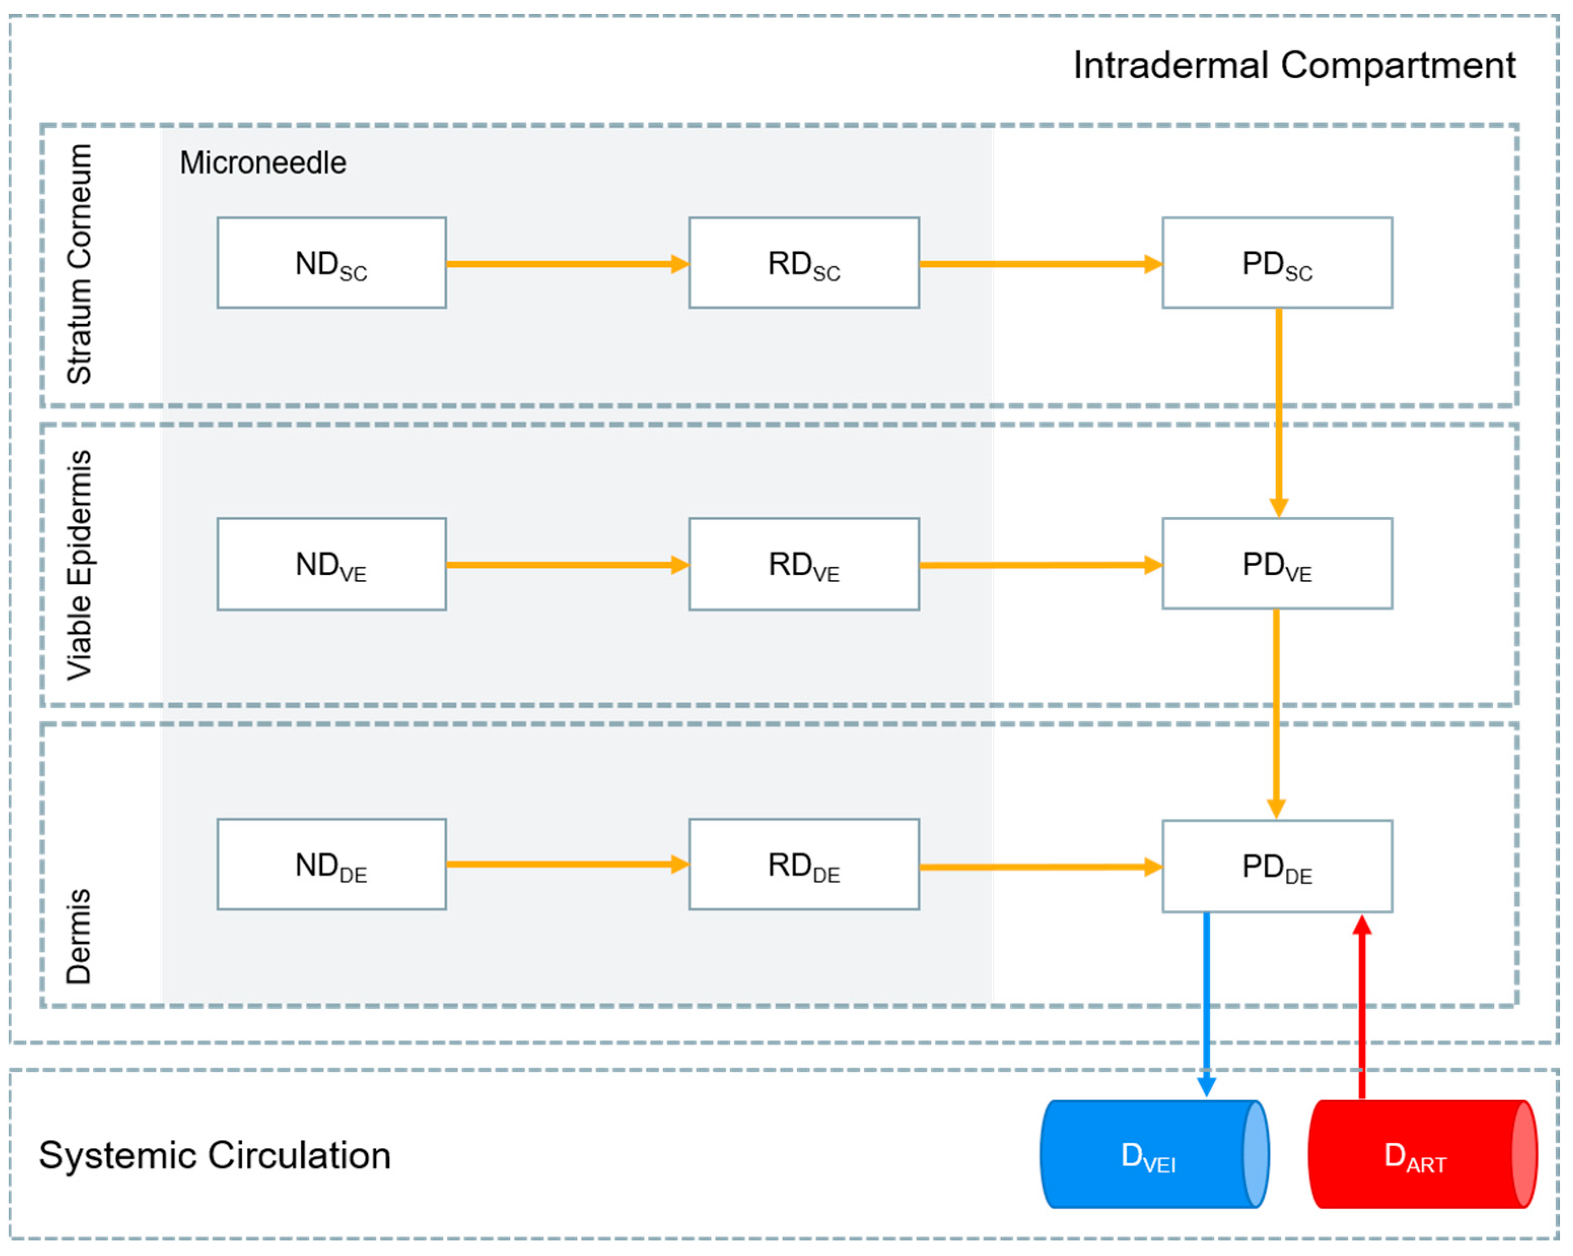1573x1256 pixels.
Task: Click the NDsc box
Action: coord(331,263)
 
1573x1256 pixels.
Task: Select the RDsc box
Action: coord(804,263)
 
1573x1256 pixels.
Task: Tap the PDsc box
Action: coord(1277,263)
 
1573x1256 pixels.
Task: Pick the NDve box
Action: coord(331,564)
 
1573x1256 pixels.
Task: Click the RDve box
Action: coord(804,564)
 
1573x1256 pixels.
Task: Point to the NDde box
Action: coord(331,864)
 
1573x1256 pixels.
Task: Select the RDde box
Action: coord(804,864)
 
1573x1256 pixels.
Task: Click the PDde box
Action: coord(1277,866)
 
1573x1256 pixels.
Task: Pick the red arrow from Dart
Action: coord(1361,1007)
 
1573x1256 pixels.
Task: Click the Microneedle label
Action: coord(263,162)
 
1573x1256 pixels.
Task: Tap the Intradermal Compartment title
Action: coord(1294,65)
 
